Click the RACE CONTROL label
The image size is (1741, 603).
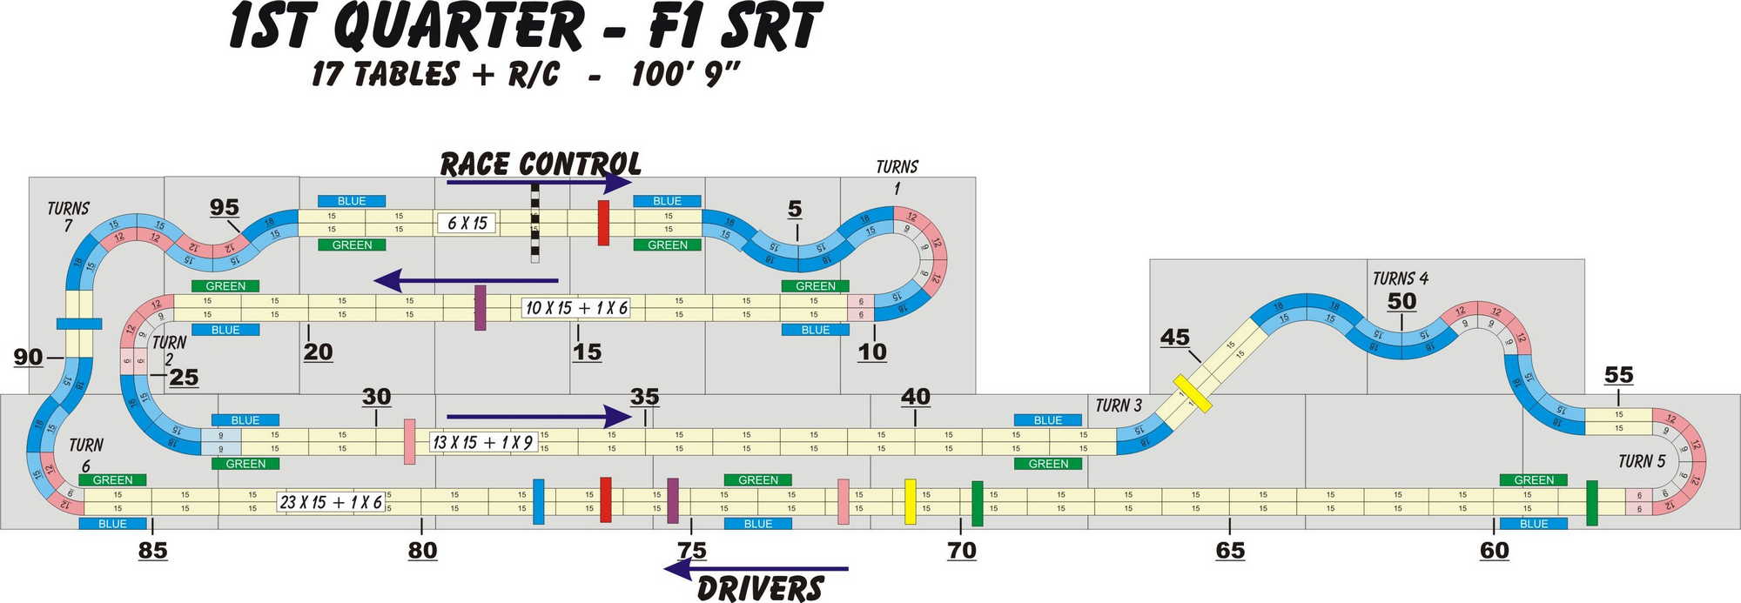click(540, 164)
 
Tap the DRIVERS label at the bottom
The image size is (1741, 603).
click(760, 588)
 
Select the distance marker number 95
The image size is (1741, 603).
click(224, 207)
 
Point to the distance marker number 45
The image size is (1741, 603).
click(1174, 338)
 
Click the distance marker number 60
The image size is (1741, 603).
click(1494, 550)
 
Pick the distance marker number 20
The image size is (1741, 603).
click(318, 352)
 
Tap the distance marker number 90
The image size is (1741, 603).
click(28, 357)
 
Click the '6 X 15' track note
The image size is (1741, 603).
click(467, 223)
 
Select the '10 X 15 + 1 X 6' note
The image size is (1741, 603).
click(575, 307)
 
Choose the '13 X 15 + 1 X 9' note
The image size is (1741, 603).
click(483, 442)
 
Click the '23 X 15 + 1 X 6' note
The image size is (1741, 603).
click(331, 502)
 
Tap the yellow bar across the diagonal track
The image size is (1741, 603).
click(1192, 393)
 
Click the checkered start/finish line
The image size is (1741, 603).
click(534, 224)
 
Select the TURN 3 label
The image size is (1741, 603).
click(1118, 405)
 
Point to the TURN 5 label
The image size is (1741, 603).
click(1641, 461)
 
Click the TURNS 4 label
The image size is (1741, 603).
click(1400, 278)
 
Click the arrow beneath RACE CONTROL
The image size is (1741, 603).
click(538, 183)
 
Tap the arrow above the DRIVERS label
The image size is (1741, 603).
click(756, 569)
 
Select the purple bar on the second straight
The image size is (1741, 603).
click(480, 307)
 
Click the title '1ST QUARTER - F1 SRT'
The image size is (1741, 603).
click(525, 28)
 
